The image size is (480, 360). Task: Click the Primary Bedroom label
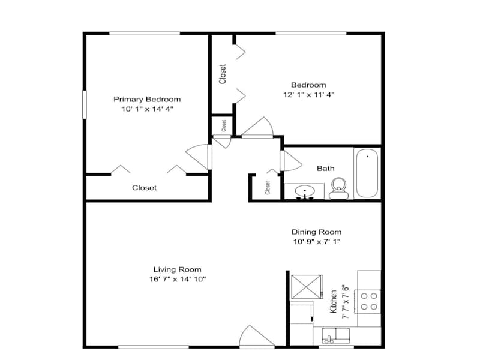(147, 99)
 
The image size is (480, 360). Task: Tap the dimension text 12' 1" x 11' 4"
(308, 95)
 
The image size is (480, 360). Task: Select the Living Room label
(177, 269)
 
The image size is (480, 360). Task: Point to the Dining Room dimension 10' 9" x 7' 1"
(317, 242)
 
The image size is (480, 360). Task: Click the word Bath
(325, 169)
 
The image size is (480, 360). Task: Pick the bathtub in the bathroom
(367, 173)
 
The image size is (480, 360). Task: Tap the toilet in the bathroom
(338, 188)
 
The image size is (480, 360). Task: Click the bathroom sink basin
(305, 192)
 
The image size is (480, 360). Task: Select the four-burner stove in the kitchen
(368, 302)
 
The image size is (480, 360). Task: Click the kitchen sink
(335, 335)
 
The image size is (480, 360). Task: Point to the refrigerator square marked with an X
(307, 287)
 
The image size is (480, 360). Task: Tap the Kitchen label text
(334, 302)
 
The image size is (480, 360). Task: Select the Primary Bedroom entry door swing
(198, 157)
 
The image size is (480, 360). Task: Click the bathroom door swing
(291, 161)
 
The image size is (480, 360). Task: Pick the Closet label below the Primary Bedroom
(144, 188)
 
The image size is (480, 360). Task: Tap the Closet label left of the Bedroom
(223, 74)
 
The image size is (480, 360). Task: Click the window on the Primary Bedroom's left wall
(85, 104)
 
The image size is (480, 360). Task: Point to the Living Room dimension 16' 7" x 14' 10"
(178, 279)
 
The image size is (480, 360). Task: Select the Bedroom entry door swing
(257, 127)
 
